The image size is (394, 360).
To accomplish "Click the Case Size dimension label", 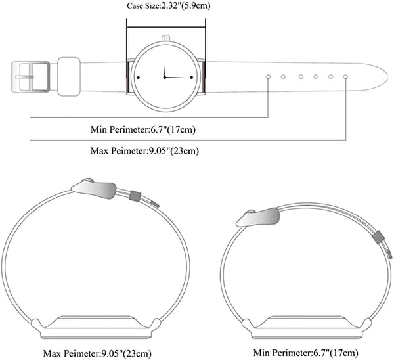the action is (x=168, y=6).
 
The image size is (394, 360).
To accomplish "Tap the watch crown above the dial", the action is (x=166, y=38).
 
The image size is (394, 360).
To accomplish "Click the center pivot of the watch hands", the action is (x=165, y=77).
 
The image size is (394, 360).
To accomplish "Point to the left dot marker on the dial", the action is (x=138, y=78).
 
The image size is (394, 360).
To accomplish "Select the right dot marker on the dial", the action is (x=192, y=78).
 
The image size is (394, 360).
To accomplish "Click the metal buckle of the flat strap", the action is (x=30, y=77).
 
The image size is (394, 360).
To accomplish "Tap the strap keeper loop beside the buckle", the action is (x=69, y=76).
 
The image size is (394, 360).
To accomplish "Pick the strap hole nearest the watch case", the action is (x=268, y=76).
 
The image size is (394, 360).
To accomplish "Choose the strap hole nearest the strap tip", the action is (x=345, y=76).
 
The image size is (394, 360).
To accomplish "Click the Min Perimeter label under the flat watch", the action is (x=143, y=129).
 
